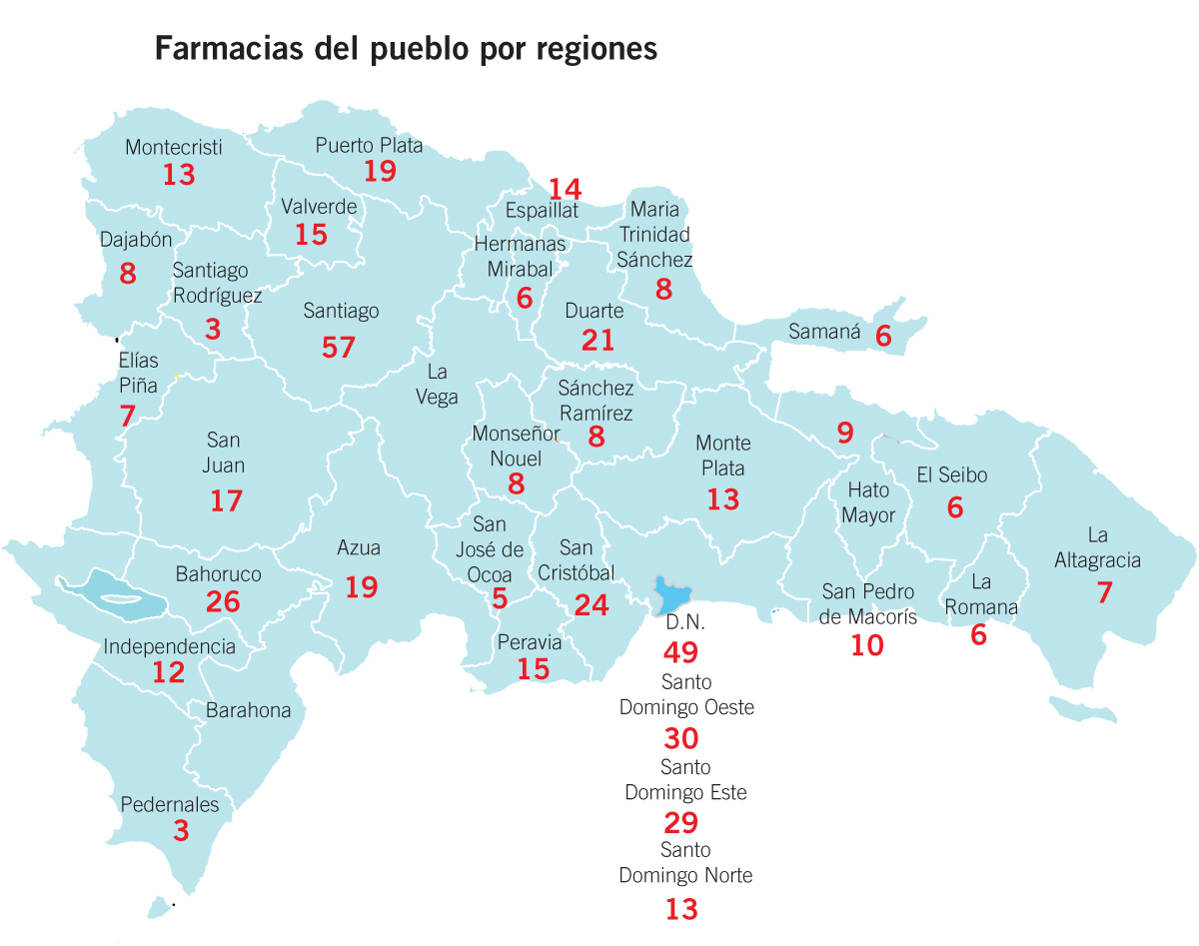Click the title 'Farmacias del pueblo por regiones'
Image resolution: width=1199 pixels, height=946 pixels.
[406, 49]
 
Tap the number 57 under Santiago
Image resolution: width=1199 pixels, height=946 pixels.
[339, 348]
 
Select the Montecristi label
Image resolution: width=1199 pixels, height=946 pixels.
[174, 148]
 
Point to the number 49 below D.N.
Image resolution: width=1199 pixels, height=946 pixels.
[681, 653]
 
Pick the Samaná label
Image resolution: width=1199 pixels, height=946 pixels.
[824, 332]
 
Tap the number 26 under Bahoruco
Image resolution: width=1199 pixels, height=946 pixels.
[223, 601]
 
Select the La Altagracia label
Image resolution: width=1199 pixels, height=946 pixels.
[1097, 547]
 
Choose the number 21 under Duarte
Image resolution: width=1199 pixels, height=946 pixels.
[598, 341]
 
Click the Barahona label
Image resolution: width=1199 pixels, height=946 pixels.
[249, 711]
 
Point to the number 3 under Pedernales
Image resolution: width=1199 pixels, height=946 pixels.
[181, 831]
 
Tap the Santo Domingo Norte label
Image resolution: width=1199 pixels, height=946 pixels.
[685, 863]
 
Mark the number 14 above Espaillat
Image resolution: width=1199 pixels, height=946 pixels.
[565, 188]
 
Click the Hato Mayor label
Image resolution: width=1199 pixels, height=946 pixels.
[868, 502]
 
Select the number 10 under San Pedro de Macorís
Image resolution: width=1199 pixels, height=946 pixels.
[867, 645]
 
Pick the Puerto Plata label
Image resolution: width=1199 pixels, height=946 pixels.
[370, 145]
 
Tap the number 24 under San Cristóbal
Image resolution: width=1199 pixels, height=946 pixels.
[592, 605]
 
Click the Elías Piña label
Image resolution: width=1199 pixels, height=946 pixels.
[139, 374]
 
